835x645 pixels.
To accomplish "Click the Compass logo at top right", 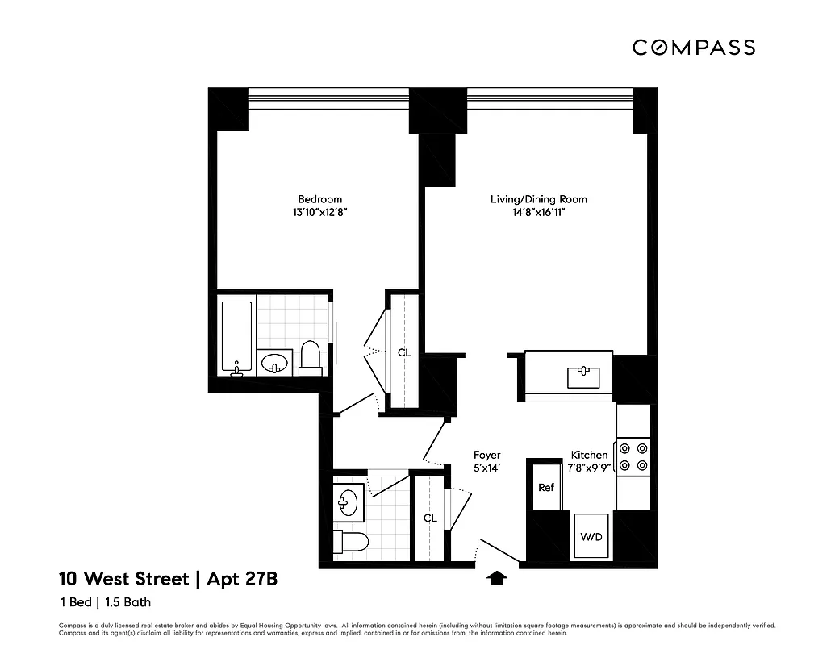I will [x=693, y=48].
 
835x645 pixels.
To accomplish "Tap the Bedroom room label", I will [x=319, y=199].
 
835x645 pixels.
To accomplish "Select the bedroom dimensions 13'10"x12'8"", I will [x=319, y=214].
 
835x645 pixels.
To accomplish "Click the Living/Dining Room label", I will [x=539, y=199].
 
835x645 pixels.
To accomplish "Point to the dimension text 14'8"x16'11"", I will [x=539, y=214].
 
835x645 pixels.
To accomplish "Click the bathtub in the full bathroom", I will [x=237, y=336].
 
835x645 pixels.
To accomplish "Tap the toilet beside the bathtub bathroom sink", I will [x=311, y=357].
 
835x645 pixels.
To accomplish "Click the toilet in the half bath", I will [x=351, y=541].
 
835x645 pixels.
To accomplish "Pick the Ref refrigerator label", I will [x=546, y=488].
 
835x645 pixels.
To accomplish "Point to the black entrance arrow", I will [x=498, y=576].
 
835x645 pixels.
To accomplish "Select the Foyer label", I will [x=486, y=456].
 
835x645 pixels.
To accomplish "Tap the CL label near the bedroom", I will [x=403, y=352].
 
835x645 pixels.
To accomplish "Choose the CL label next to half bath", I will [x=430, y=518].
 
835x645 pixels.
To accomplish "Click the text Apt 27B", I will [x=243, y=578].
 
